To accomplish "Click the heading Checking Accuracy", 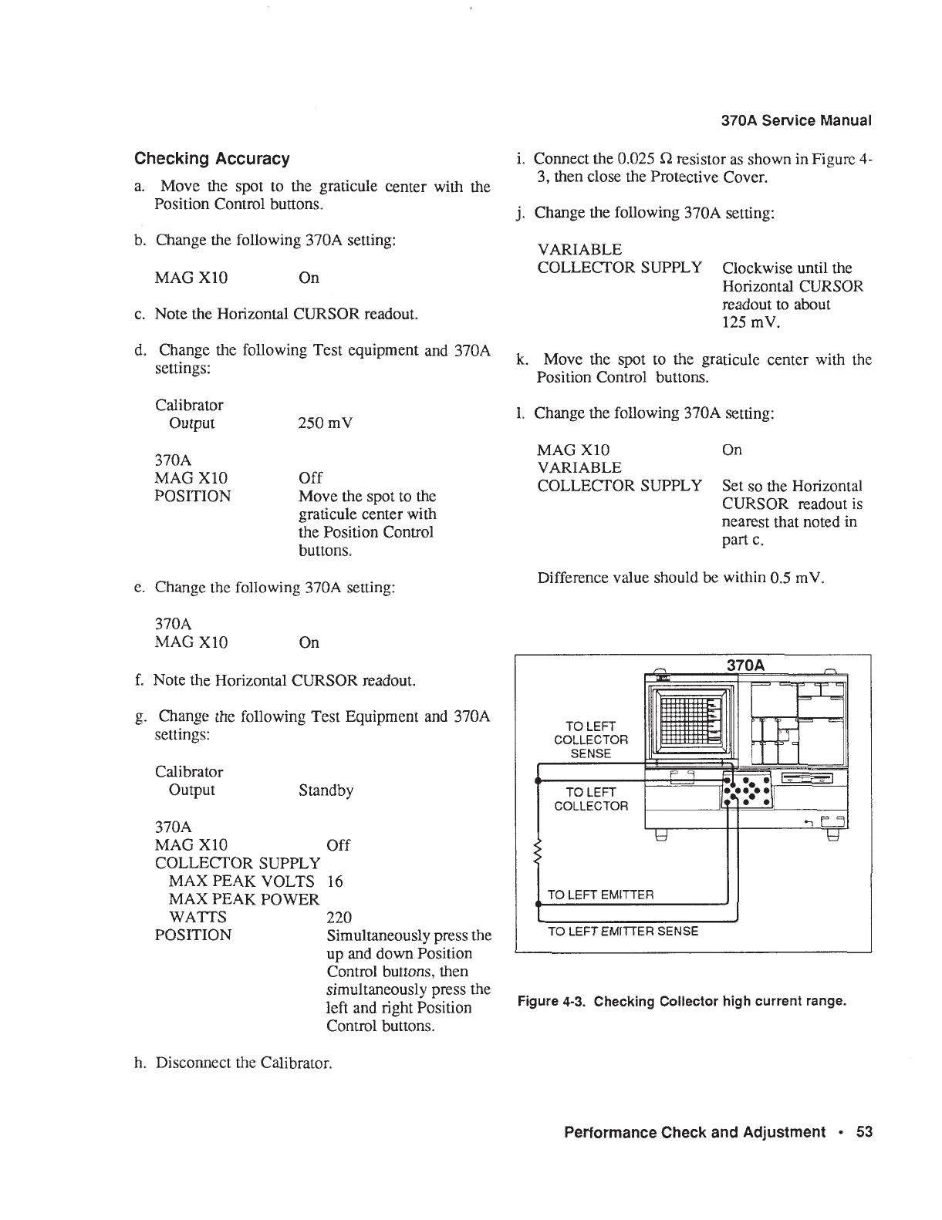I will click(x=212, y=159).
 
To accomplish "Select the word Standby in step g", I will click(x=326, y=790).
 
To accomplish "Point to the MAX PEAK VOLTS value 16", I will click(x=335, y=881).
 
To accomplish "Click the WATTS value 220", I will click(x=339, y=918).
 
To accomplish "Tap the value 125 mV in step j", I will click(x=751, y=322).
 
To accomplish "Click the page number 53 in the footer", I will click(x=864, y=1132).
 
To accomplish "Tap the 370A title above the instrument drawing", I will click(x=745, y=665).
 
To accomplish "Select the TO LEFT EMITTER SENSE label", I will click(x=623, y=932).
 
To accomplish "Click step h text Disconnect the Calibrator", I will click(x=244, y=1063).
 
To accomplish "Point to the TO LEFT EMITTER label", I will click(x=600, y=895).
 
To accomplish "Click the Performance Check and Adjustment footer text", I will click(x=694, y=1132).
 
